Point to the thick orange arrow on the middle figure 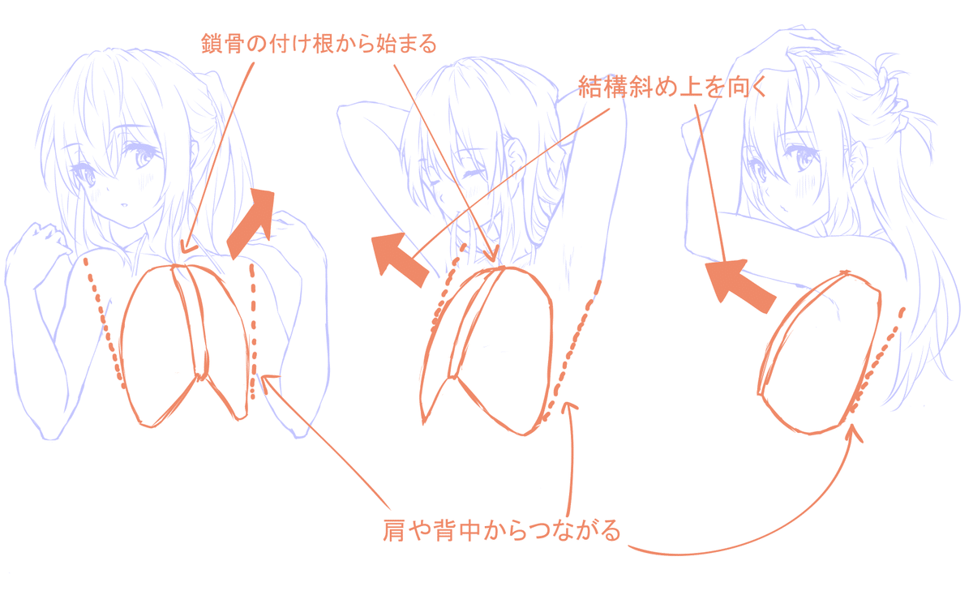coord(404,259)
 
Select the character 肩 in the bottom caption coord(393,531)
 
